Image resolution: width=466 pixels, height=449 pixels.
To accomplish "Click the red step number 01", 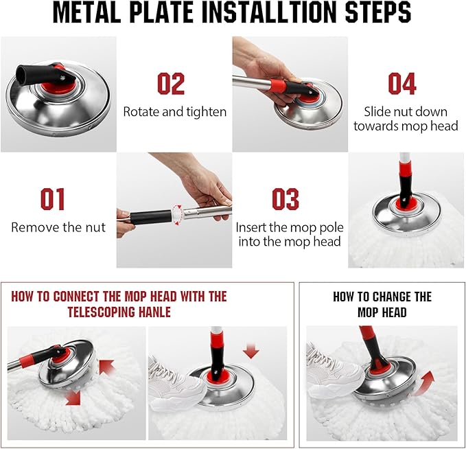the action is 52,199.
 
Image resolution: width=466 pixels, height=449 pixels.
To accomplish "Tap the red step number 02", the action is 171,84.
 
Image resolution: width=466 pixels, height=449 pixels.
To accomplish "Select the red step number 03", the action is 286,199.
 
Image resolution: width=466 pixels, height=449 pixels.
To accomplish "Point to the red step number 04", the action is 401,84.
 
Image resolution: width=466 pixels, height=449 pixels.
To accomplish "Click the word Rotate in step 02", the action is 141,112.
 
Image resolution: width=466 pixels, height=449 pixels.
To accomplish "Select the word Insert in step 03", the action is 251,227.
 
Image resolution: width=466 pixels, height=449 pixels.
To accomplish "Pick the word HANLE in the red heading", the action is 154,312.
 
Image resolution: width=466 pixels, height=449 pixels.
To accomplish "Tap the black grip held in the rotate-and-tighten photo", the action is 150,218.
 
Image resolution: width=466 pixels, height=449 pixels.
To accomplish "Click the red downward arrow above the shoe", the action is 251,352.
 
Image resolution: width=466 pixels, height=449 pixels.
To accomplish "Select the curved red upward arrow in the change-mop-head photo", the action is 424,384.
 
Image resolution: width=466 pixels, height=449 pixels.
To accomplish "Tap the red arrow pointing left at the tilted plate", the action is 106,367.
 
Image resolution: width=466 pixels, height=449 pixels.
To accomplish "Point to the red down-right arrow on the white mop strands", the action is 73,398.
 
